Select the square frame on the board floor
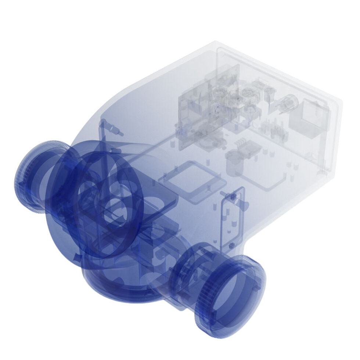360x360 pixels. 191,180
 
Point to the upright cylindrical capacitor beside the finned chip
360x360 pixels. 233,162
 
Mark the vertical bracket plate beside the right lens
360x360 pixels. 231,220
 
